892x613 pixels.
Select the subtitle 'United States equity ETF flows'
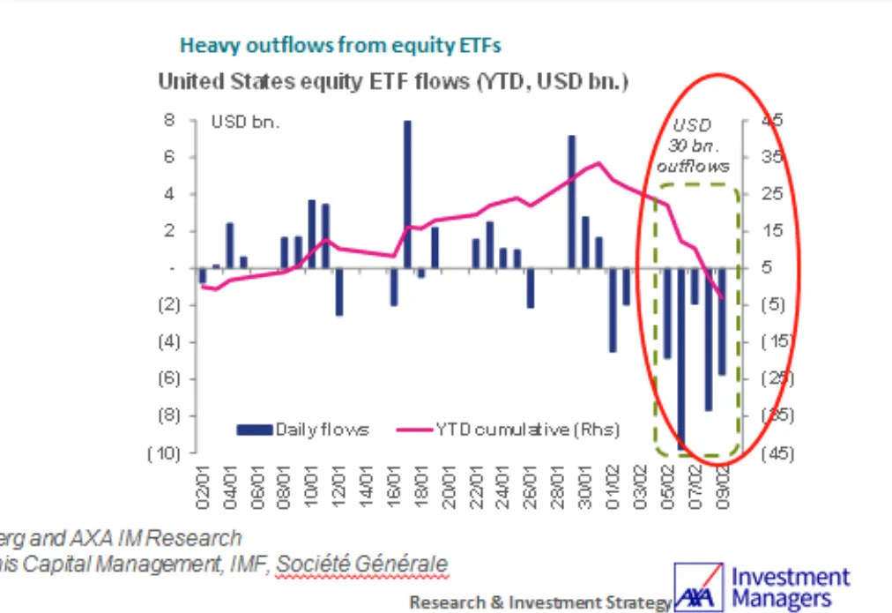[313, 82]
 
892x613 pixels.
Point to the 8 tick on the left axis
[169, 120]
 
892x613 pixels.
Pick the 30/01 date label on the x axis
[585, 483]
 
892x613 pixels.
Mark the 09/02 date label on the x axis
[723, 483]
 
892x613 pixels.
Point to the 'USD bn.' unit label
[244, 123]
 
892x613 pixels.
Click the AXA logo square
[699, 586]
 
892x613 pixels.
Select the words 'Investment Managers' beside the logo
[790, 588]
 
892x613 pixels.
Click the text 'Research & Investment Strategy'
[540, 602]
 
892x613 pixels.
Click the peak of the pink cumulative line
[598, 163]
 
